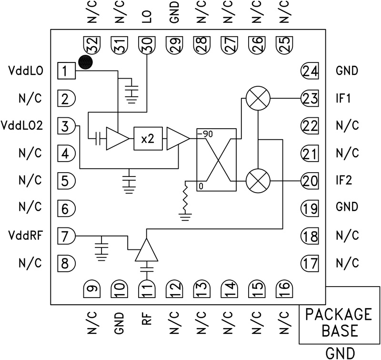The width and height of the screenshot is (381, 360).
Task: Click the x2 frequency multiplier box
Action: pyautogui.click(x=148, y=138)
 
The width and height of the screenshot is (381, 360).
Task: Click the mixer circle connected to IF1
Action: pyautogui.click(x=258, y=99)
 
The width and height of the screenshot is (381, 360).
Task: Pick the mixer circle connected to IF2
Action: pyautogui.click(x=258, y=181)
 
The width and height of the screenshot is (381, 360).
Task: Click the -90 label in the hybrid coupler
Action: pyautogui.click(x=205, y=134)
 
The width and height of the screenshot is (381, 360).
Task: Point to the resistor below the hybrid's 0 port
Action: pyautogui.click(x=185, y=200)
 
